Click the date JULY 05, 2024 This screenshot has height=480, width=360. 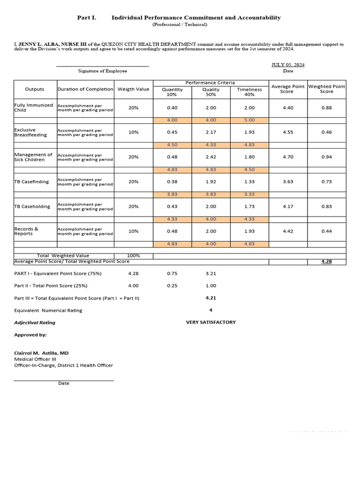tap(288, 65)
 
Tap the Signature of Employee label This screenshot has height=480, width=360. tap(102, 71)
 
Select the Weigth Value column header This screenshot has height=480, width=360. tap(133, 89)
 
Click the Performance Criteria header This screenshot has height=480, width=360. tap(210, 82)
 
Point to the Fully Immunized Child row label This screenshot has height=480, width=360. tap(34, 108)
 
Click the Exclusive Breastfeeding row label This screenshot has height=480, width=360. tap(31, 132)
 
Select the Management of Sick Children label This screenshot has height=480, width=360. tap(33, 157)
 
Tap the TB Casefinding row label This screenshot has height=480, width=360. tap(31, 182)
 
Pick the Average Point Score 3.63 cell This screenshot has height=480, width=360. tap(288, 182)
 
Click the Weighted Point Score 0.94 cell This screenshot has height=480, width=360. tap(327, 157)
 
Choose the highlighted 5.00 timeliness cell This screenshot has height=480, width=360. tap(249, 120)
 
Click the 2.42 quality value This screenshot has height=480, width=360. tap(210, 157)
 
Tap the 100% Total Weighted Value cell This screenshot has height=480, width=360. tap(133, 256)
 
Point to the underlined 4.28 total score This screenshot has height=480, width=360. tap(327, 262)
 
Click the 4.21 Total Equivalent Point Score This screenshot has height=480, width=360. tap(210, 298)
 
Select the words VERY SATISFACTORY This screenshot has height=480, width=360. tap(210, 322)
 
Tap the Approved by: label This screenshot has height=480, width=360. tap(30, 335)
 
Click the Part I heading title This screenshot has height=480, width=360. tap(179, 18)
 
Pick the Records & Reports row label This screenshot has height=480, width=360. tap(27, 231)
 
